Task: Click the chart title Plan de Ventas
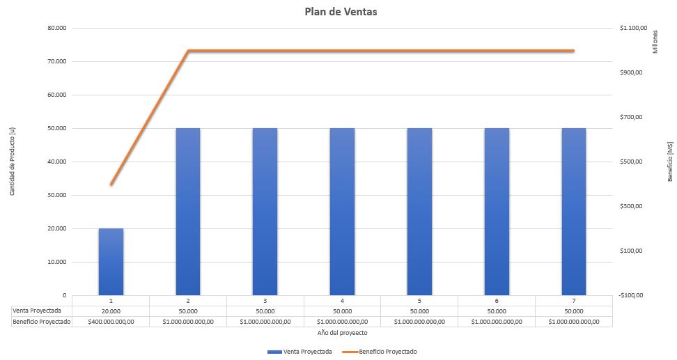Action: click(x=341, y=12)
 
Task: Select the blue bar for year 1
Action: click(x=111, y=261)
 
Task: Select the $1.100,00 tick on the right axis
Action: click(x=633, y=28)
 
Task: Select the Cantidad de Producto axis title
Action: click(x=13, y=162)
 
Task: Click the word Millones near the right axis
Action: click(x=655, y=42)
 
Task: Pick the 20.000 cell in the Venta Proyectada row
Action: click(x=111, y=311)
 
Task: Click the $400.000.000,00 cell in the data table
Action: click(x=111, y=322)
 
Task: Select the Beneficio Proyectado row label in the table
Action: click(x=41, y=322)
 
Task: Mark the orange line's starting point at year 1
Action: click(x=111, y=184)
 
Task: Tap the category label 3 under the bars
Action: click(x=265, y=300)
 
